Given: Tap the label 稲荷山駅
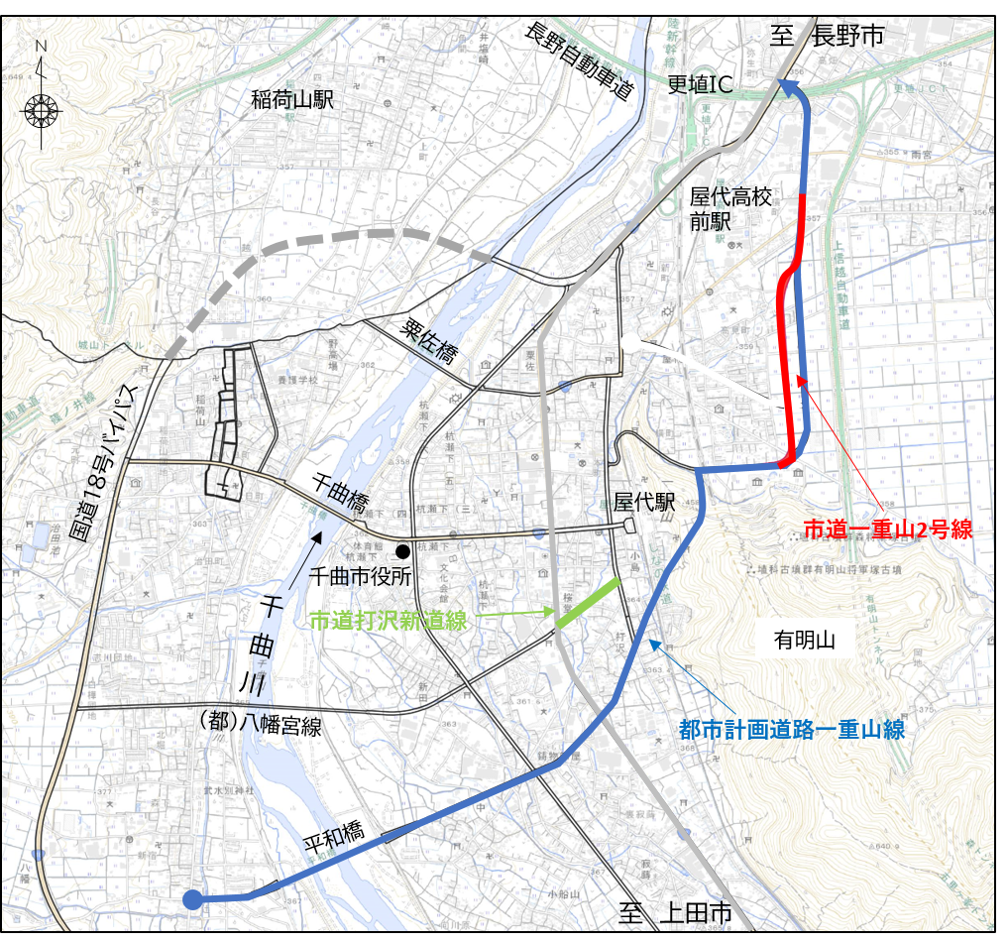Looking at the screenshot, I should [292, 99].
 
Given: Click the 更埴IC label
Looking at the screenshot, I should [700, 85].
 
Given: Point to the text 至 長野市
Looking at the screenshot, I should [827, 38].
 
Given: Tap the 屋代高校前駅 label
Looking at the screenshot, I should [730, 208].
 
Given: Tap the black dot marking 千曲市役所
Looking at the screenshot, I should [402, 552].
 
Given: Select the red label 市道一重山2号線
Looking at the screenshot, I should [887, 530].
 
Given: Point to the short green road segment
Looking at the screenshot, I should [588, 602].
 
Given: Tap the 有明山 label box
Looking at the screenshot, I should [805, 641].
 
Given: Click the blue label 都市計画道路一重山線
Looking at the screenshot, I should [792, 730].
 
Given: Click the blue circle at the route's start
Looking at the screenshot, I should [192, 899].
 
